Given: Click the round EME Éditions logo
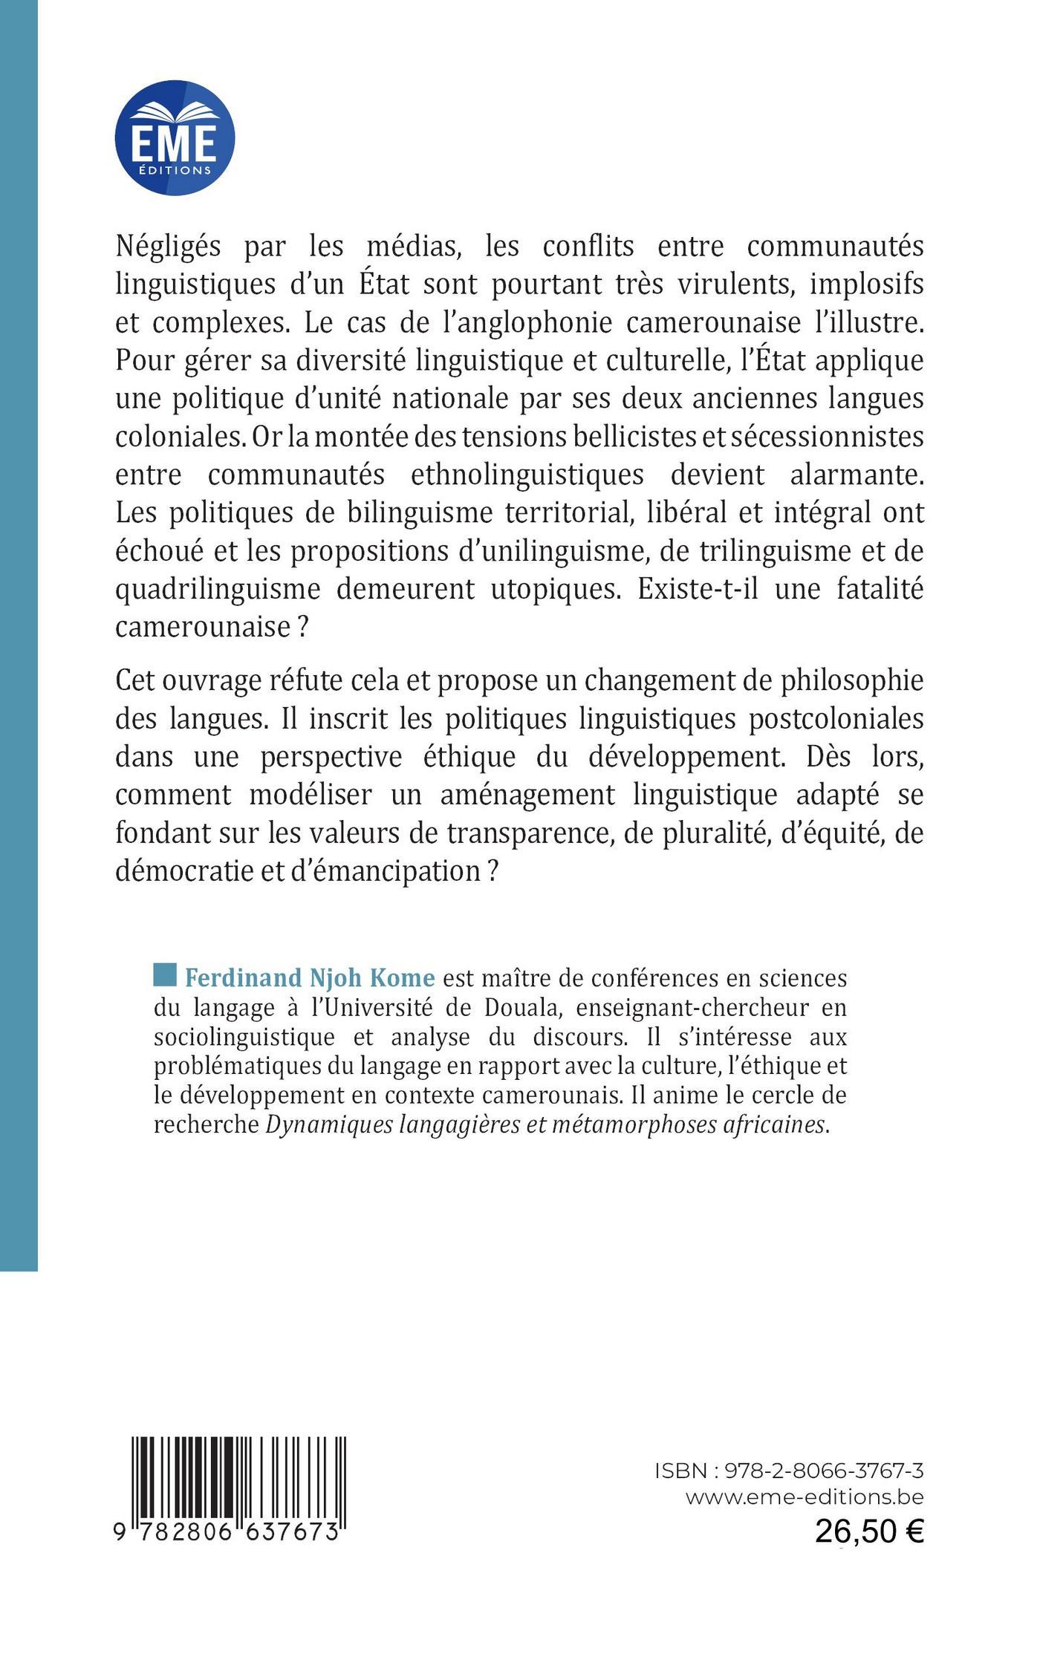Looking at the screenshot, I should click(x=175, y=137).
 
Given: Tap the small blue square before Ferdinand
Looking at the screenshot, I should click(x=165, y=974).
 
